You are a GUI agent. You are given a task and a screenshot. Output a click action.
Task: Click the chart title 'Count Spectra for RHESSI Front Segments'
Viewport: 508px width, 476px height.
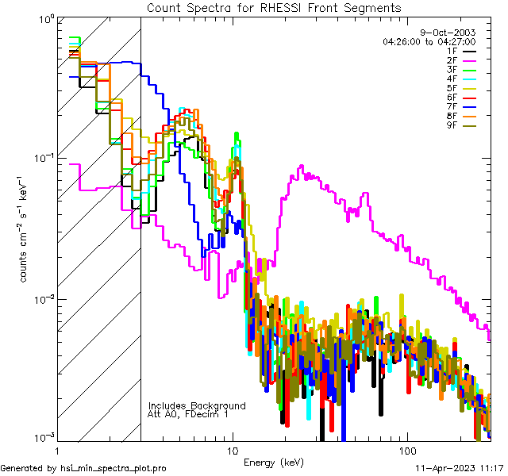274,7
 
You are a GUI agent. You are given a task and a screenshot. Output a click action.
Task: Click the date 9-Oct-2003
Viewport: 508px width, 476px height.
464,33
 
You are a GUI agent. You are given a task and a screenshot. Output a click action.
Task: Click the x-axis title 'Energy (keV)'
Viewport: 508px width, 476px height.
274,462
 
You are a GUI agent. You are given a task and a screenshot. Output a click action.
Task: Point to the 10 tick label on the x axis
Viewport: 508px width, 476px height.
232,449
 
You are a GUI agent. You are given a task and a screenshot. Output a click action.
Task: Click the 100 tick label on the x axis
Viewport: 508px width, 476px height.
406,449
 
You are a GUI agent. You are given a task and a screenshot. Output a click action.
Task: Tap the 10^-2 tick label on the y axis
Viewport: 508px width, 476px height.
41,300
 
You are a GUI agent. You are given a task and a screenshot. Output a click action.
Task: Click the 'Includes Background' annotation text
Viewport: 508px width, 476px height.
197,405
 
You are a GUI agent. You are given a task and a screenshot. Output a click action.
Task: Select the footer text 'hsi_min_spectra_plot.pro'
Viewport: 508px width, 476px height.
114,468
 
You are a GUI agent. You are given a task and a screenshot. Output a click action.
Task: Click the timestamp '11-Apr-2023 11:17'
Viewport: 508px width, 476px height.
460,468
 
